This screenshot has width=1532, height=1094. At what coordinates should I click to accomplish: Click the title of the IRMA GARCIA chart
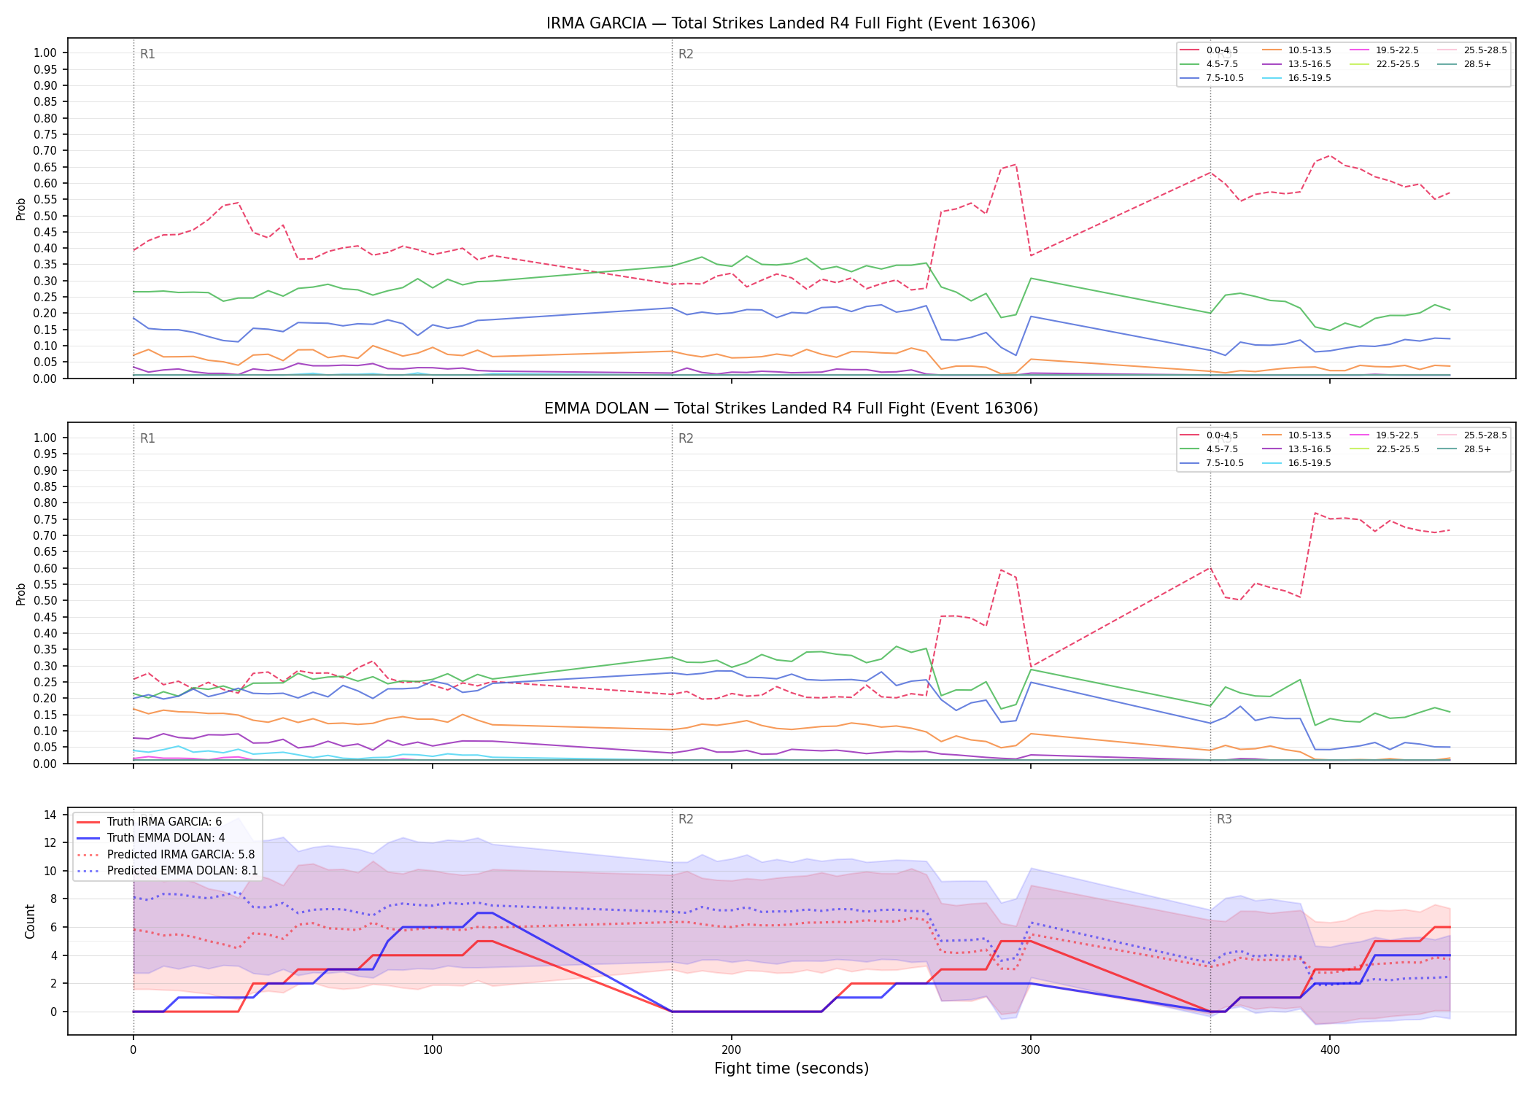791,23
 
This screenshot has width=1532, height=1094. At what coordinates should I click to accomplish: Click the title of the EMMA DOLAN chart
791,408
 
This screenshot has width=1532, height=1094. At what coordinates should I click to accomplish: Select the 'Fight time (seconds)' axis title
792,1068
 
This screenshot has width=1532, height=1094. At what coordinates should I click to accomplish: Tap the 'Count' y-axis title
30,921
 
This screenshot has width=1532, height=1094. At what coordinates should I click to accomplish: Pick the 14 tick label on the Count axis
50,815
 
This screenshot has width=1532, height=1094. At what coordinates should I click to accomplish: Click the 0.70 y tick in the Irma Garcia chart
45,151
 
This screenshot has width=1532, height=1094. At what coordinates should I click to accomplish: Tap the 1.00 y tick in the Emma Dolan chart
45,438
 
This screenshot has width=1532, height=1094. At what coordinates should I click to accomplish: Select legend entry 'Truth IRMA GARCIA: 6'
164,822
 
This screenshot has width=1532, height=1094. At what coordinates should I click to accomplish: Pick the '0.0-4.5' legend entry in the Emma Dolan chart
1209,435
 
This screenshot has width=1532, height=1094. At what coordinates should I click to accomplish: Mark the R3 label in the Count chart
1224,819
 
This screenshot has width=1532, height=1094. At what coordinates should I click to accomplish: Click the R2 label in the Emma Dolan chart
686,438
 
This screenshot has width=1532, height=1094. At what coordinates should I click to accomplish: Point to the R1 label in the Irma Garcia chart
147,54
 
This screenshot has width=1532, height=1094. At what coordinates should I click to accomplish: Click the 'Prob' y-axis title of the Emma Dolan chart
21,594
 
